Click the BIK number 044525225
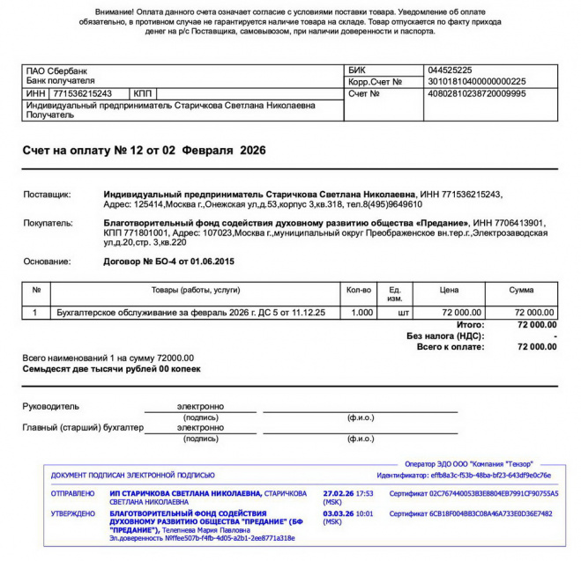[449, 70]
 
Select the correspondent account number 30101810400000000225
[476, 81]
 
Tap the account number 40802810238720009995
[476, 92]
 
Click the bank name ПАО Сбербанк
[57, 70]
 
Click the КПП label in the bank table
[142, 93]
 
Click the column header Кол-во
[360, 290]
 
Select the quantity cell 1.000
[360, 313]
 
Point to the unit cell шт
[404, 313]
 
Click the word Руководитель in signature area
[50, 406]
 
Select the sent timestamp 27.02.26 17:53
[348, 494]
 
